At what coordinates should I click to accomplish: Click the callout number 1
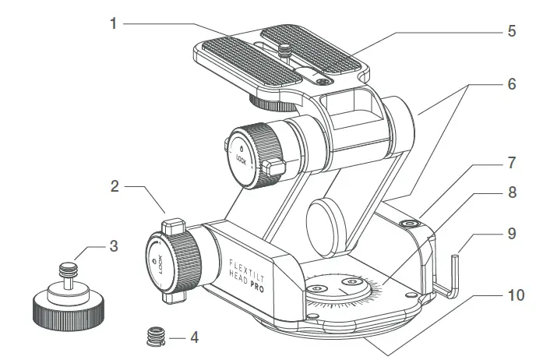coord(114,24)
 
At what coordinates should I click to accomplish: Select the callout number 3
coord(114,247)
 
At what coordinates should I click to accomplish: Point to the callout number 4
coord(194,338)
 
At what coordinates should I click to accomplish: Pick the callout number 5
coord(511,32)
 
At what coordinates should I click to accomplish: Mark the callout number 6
coord(511,84)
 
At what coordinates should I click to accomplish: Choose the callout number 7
coord(511,164)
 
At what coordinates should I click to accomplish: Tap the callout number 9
coord(511,232)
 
